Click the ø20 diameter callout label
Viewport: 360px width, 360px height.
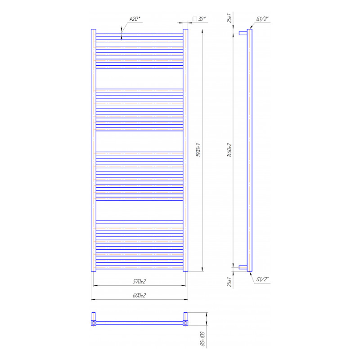pyautogui.click(x=135, y=19)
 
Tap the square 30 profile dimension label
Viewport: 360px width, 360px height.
pyautogui.click(x=199, y=19)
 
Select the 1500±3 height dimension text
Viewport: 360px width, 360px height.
pyautogui.click(x=198, y=150)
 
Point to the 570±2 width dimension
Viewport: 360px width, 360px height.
pyautogui.click(x=139, y=281)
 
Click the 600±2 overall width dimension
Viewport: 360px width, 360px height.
pyautogui.click(x=139, y=295)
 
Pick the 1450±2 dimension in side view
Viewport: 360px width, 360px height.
pyautogui.click(x=229, y=150)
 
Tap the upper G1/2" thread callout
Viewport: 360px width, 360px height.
pyautogui.click(x=262, y=19)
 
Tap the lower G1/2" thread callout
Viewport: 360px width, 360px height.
pyautogui.click(x=262, y=279)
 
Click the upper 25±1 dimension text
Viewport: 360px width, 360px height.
pyautogui.click(x=229, y=18)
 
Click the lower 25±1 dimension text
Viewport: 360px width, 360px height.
pyautogui.click(x=229, y=282)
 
